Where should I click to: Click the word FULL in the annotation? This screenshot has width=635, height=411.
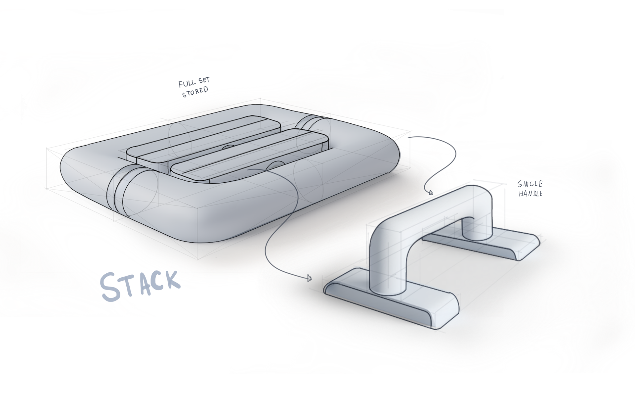point(187,84)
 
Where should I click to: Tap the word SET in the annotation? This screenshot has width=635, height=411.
point(204,81)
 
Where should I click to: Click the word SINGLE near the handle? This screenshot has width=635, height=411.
point(530,184)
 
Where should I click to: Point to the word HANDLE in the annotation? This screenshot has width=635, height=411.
point(530,194)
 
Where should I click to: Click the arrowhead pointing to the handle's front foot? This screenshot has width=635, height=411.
point(310,278)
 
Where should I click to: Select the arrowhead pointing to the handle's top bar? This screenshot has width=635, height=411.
point(430,192)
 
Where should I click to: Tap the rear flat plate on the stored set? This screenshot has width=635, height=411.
point(205,136)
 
